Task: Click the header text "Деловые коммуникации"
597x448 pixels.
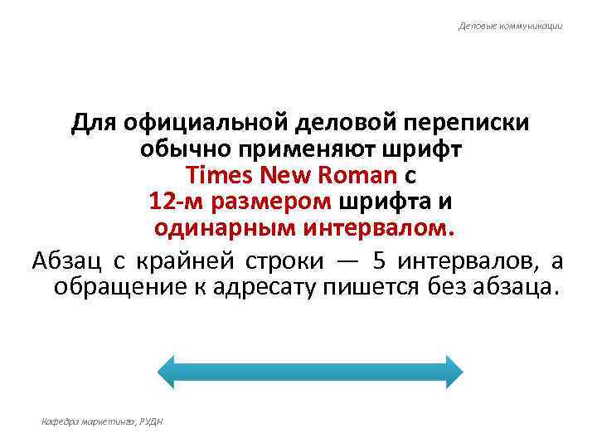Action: tap(511, 27)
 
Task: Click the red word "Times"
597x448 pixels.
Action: tap(221, 176)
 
